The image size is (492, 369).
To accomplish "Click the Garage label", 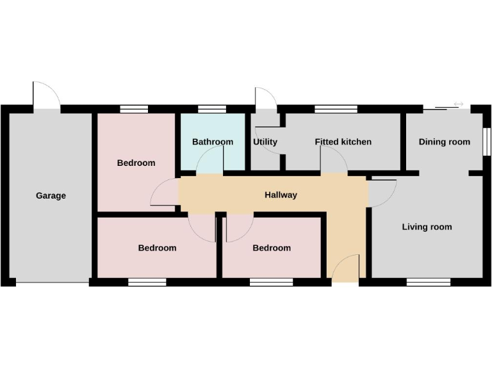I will pyautogui.click(x=51, y=195).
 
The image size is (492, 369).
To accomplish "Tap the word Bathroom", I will pyautogui.click(x=213, y=142).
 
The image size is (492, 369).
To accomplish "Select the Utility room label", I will pyautogui.click(x=265, y=142).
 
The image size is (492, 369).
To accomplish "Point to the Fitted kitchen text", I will pyautogui.click(x=343, y=142).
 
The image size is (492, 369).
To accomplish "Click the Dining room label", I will pyautogui.click(x=444, y=142).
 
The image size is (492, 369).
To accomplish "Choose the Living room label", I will pyautogui.click(x=427, y=227).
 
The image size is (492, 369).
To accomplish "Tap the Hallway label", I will pyautogui.click(x=281, y=195).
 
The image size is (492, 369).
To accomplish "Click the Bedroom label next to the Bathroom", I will pyautogui.click(x=136, y=163).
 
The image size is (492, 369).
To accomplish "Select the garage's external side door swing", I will pyautogui.click(x=46, y=95).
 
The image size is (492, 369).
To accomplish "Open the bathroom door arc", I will pyautogui.click(x=209, y=160).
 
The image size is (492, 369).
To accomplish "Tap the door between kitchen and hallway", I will pyautogui.click(x=333, y=160).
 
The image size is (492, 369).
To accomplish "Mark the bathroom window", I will pyautogui.click(x=211, y=109).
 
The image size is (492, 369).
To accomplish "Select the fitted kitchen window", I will pyautogui.click(x=336, y=109).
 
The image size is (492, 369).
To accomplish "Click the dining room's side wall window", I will pyautogui.click(x=486, y=142).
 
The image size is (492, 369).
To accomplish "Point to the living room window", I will pyautogui.click(x=428, y=282).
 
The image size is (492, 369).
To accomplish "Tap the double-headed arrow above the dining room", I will pyautogui.click(x=458, y=104).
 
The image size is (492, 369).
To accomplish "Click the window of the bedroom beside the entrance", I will pyautogui.click(x=271, y=282).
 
